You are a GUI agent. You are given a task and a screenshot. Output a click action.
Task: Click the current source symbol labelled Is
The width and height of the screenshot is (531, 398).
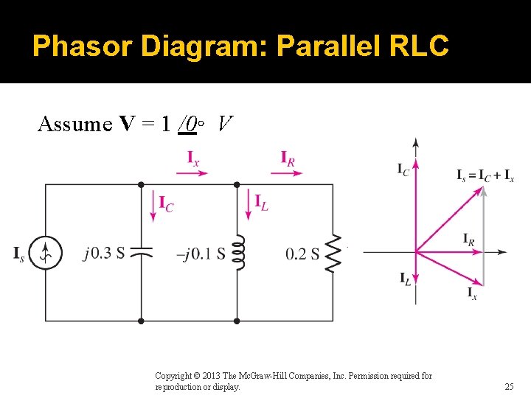(x=46, y=254)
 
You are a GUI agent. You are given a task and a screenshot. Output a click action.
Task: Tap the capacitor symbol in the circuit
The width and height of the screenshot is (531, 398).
(x=141, y=253)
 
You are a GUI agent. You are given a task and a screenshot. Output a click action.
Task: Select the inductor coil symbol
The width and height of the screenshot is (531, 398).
(x=237, y=253)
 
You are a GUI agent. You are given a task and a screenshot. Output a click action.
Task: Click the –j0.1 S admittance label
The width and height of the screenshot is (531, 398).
(x=201, y=254)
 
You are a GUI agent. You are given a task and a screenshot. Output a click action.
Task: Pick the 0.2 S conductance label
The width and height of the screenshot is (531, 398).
(x=302, y=254)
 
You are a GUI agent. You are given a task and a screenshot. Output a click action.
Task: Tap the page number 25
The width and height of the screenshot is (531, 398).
(x=509, y=386)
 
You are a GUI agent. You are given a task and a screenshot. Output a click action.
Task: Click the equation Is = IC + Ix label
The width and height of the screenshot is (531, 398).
(x=485, y=175)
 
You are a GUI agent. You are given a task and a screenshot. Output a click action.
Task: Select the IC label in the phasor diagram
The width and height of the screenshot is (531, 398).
(x=403, y=170)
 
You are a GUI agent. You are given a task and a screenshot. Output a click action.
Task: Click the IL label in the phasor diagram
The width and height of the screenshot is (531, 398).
(x=405, y=278)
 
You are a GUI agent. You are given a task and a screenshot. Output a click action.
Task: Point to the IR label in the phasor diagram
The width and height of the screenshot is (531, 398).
(x=469, y=239)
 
